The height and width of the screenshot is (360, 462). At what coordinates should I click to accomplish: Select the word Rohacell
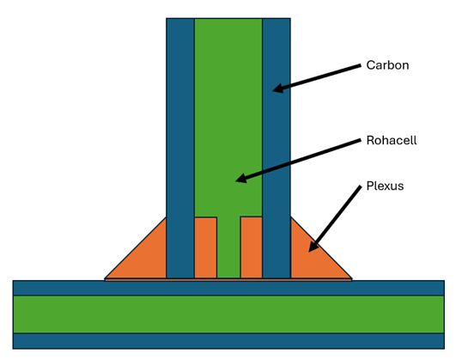[392, 140]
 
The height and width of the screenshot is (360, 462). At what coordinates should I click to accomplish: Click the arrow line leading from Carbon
[318, 76]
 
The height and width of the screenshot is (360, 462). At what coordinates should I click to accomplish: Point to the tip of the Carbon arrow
[275, 88]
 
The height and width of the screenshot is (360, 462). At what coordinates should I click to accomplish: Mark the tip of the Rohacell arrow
[237, 180]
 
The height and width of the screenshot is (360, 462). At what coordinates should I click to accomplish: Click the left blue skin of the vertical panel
[180, 146]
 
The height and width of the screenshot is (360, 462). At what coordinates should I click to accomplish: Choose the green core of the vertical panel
[228, 112]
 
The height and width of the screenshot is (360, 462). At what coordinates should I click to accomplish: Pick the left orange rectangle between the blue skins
[205, 247]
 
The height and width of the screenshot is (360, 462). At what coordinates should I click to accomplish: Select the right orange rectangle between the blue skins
[251, 247]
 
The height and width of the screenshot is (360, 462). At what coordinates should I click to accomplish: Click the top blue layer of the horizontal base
[228, 288]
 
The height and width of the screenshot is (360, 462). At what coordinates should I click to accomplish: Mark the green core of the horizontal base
[228, 314]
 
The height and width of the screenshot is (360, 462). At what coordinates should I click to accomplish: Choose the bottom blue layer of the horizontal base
[228, 340]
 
